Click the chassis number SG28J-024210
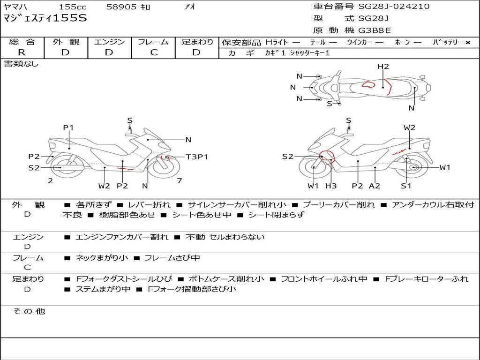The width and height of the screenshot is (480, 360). click(x=394, y=6)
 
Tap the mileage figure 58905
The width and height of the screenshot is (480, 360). click(x=121, y=7)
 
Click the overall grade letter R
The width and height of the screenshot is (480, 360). click(x=22, y=52)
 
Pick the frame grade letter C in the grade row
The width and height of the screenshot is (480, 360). click(x=154, y=52)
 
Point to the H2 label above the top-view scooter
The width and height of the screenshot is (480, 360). click(x=383, y=67)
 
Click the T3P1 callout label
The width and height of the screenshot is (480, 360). click(x=197, y=157)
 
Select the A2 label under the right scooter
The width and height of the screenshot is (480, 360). click(x=375, y=186)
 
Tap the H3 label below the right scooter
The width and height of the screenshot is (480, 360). click(x=331, y=186)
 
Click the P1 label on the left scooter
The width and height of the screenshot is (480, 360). click(x=68, y=127)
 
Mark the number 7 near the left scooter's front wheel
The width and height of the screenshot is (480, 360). click(x=180, y=180)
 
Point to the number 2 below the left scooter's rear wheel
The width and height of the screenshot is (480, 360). click(x=51, y=180)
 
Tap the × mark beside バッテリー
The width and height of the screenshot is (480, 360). click(x=468, y=43)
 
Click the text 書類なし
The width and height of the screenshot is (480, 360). click(x=21, y=64)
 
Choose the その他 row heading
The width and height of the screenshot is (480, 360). click(x=29, y=311)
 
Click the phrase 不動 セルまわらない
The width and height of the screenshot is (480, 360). click(x=225, y=237)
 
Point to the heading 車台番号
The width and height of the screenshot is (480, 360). click(x=333, y=6)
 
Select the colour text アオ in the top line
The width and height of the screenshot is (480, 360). click(x=190, y=7)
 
